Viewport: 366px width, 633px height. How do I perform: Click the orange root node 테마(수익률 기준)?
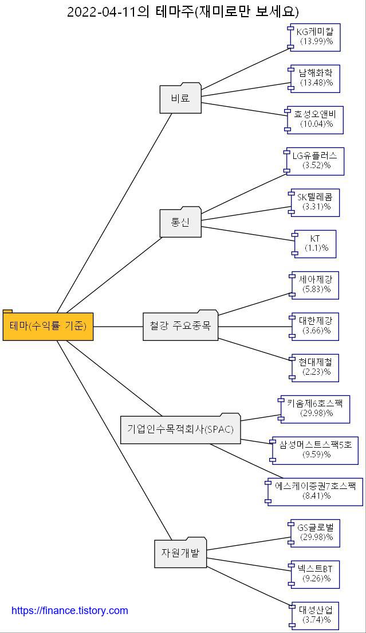[48, 327]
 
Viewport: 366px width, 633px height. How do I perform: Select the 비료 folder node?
[180, 98]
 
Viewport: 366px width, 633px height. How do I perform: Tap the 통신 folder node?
[180, 222]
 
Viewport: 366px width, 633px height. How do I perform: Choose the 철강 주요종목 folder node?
[180, 326]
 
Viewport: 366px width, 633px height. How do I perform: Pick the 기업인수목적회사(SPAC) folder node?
[180, 429]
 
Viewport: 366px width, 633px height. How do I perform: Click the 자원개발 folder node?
[180, 553]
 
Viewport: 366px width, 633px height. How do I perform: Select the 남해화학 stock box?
[316, 79]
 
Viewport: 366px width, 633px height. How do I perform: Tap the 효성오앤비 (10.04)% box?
[316, 119]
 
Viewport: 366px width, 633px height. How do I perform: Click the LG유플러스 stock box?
[315, 161]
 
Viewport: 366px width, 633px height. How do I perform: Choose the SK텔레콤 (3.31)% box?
[316, 202]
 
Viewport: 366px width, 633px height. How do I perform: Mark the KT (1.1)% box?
[316, 244]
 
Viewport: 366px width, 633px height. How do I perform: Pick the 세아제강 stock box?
[316, 285]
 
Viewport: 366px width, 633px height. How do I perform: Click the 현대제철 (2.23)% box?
[316, 367]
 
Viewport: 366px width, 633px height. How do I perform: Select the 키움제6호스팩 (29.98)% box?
[315, 409]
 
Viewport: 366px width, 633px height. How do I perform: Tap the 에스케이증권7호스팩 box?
[316, 491]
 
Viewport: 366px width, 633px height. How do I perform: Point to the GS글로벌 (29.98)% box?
[316, 533]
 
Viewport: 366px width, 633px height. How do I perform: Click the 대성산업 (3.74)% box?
[316, 615]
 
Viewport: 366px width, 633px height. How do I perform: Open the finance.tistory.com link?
[70, 611]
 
